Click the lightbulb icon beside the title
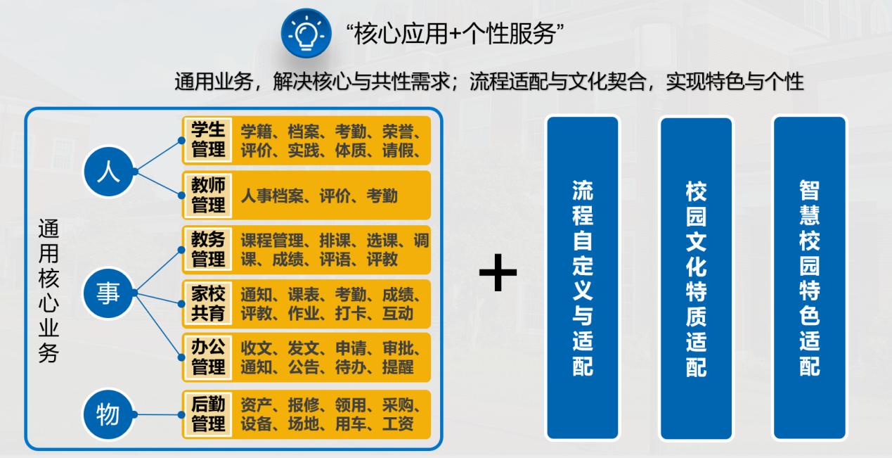306,34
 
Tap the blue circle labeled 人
108,172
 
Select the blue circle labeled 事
108,293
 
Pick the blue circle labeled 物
108,414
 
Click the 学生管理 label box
208,140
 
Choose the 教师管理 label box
208,196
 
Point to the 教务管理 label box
208,250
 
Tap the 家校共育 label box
208,304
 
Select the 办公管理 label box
208,357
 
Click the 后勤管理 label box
208,414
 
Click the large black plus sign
498,273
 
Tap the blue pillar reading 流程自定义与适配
583,278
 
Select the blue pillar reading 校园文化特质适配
696,278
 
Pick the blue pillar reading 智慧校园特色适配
810,278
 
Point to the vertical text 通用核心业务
49,291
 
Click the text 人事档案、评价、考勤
319,196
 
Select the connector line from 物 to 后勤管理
157,414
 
